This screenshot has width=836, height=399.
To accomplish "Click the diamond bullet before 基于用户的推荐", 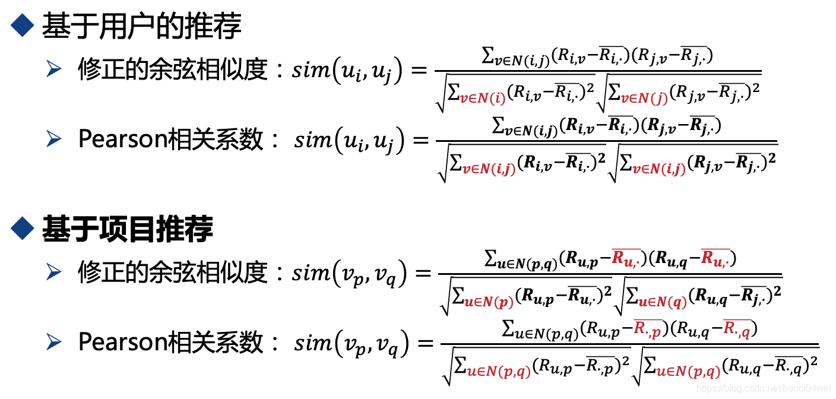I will coord(22,26).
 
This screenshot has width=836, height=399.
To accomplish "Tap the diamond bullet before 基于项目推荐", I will coord(22,228).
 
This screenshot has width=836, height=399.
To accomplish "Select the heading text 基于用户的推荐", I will coord(141,26).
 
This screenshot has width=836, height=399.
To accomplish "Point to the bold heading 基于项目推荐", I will coord(127,229).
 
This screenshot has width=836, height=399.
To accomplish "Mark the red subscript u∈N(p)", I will coord(489,300).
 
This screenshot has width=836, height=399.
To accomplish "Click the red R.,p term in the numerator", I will coord(647,328).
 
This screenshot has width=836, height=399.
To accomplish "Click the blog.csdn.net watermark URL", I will coord(762,388).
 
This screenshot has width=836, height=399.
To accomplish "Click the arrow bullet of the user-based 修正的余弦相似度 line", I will coord(54,70).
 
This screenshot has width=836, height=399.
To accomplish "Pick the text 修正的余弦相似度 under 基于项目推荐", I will coord(173,273).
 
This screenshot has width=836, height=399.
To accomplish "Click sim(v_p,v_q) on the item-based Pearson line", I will coord(351,343).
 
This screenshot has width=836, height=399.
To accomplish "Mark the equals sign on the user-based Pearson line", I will coord(419,141).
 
